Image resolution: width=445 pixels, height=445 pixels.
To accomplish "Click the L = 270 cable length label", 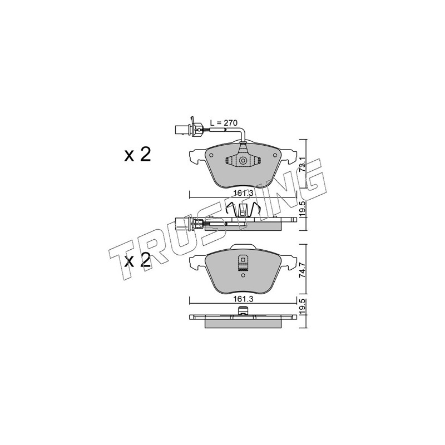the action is [x=224, y=123].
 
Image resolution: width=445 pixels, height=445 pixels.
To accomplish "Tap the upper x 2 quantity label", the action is [x=137, y=155].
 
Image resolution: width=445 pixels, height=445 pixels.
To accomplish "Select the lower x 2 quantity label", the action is [x=137, y=260].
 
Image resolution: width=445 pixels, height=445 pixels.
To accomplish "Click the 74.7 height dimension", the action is [x=303, y=270].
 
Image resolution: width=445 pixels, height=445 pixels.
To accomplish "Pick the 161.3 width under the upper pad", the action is [x=243, y=193].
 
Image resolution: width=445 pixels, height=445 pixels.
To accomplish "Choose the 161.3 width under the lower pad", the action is [x=243, y=299].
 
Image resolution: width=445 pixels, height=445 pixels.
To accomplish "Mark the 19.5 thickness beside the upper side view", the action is [x=303, y=209].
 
